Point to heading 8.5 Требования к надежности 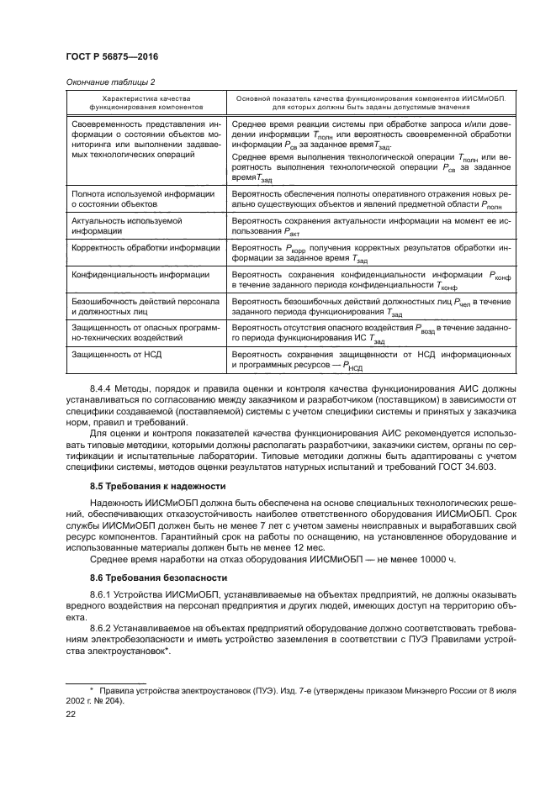click(158, 487)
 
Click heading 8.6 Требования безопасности click(159, 578)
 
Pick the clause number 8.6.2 click(102, 628)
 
